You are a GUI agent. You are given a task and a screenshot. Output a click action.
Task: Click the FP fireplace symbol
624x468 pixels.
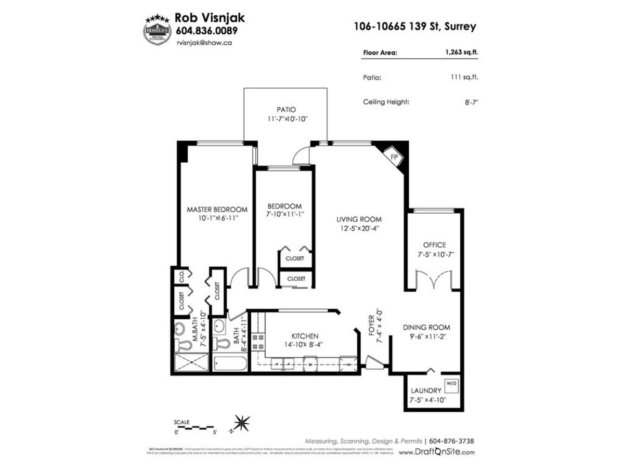point(394,156)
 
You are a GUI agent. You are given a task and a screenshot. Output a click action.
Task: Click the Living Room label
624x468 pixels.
point(359,219)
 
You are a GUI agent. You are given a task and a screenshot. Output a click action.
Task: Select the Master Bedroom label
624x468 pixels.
point(217,210)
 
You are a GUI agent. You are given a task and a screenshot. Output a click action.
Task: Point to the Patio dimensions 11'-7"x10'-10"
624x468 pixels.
point(286,119)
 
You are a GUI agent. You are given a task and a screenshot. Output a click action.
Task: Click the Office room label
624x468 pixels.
point(434,245)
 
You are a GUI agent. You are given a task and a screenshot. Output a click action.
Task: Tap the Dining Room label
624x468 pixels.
point(426,327)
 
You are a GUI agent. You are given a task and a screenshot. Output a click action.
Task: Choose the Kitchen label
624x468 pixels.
point(304,336)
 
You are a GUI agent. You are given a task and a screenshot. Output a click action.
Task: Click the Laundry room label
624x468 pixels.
point(426,391)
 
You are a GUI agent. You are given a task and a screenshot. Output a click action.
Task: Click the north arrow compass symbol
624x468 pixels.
point(241,421)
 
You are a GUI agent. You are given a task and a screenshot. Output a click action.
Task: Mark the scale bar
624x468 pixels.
point(196,427)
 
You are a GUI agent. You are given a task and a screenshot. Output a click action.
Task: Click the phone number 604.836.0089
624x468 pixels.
point(207,31)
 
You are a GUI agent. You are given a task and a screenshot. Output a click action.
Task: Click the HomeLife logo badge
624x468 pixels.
point(157,29)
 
